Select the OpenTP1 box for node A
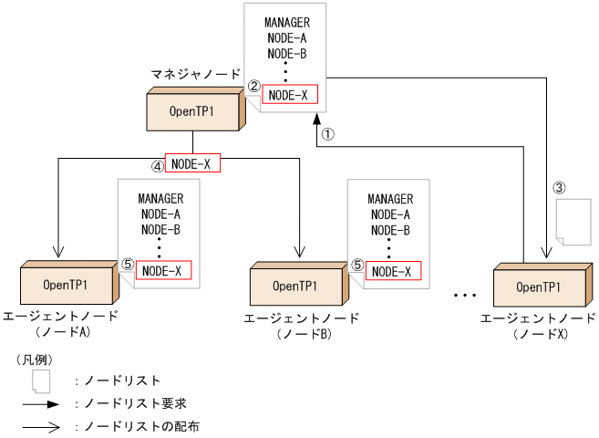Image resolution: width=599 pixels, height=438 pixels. pyautogui.click(x=66, y=285)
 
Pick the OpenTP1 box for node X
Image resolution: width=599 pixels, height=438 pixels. pyautogui.click(x=538, y=287)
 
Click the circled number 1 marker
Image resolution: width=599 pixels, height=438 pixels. pyautogui.click(x=330, y=133)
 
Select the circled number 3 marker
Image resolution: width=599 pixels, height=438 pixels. pyautogui.click(x=560, y=188)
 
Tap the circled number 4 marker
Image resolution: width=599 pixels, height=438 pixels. pyautogui.click(x=157, y=166)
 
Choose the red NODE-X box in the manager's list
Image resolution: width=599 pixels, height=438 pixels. pyautogui.click(x=290, y=95)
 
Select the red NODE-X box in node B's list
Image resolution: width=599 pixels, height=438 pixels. pyautogui.click(x=395, y=271)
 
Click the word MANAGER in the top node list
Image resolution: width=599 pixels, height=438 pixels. pyautogui.click(x=287, y=22)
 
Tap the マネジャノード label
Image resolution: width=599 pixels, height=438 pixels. pyautogui.click(x=197, y=73)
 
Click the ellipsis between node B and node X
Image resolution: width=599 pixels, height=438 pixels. pyautogui.click(x=465, y=296)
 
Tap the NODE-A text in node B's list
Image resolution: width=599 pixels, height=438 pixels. pyautogui.click(x=390, y=214)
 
